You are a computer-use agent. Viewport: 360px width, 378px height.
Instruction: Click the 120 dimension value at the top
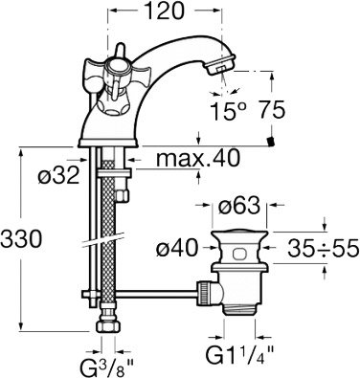[x=165, y=11]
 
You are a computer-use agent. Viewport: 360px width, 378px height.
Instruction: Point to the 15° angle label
[x=229, y=111]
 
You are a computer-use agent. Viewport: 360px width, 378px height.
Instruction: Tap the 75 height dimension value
[x=271, y=111]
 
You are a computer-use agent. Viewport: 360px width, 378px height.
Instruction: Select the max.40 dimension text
[x=198, y=158]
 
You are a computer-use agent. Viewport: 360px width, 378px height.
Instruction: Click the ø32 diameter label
[x=58, y=175]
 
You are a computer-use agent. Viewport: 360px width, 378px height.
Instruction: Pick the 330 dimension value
[x=21, y=239]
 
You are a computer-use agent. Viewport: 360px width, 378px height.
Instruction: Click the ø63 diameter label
[x=239, y=206]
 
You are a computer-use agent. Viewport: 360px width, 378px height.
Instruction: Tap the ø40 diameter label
[x=177, y=248]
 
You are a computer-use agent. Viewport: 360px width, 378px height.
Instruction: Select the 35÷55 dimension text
[x=323, y=248]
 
